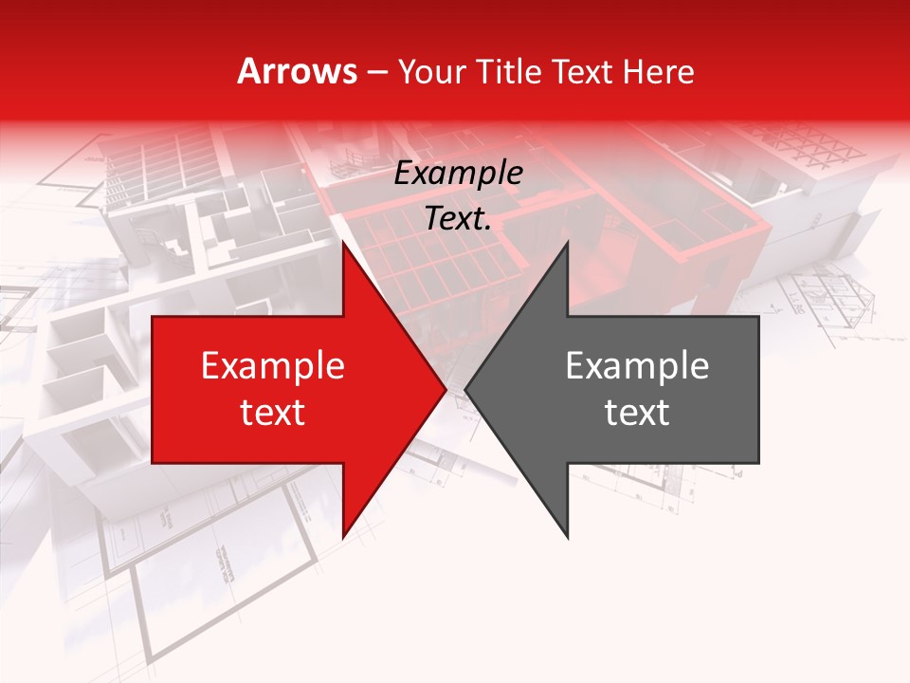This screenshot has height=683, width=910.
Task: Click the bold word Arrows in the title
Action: point(298,72)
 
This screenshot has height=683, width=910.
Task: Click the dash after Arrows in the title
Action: point(376,72)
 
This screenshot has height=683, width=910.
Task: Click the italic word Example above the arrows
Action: point(459,174)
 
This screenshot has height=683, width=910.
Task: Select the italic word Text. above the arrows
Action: point(459,219)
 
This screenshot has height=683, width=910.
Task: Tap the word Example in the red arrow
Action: point(273,366)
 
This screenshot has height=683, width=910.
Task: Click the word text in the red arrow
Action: point(273,413)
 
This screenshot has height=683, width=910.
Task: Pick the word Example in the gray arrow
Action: point(637,366)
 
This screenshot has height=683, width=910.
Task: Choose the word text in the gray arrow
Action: point(637,413)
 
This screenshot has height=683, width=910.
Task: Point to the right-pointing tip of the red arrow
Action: point(446,390)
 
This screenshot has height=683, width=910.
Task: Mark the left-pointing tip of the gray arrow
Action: point(465,390)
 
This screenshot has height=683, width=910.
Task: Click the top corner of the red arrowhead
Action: point(343,243)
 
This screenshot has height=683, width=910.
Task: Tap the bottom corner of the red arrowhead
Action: point(343,538)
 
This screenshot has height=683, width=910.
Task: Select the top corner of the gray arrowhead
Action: point(568,243)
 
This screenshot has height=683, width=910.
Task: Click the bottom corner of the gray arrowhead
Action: point(568,538)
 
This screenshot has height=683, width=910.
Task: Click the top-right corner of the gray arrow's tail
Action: point(758,317)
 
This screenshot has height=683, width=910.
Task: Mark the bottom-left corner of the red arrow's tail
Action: point(153,463)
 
